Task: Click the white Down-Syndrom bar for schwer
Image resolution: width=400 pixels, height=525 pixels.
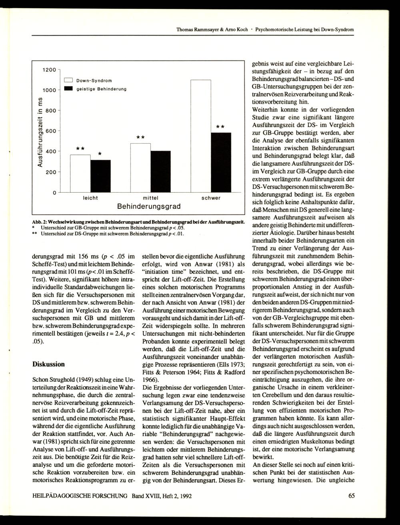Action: [x=200, y=136]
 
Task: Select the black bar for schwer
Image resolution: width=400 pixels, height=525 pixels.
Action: [x=220, y=162]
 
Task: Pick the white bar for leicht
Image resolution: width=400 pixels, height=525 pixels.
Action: [x=80, y=173]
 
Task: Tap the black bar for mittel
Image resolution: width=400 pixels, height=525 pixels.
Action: [x=160, y=172]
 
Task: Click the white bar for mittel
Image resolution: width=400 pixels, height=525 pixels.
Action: [x=140, y=168]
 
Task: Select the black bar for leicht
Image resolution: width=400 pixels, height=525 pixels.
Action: [x=100, y=176]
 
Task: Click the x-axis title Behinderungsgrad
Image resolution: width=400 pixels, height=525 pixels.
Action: [x=149, y=207]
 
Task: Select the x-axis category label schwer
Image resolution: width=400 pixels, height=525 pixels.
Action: [x=210, y=198]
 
